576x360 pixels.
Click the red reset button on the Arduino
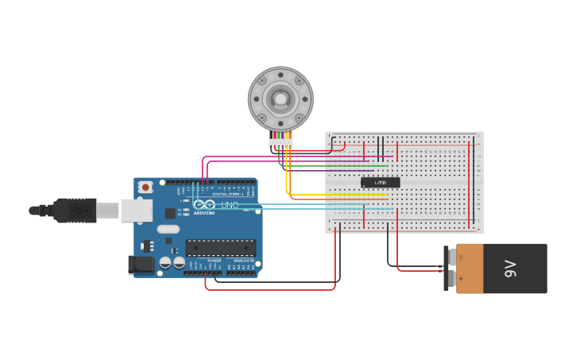[x=145, y=188]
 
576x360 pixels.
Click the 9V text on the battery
[x=510, y=269]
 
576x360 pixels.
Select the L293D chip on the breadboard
[x=380, y=182]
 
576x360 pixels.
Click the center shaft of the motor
[x=280, y=99]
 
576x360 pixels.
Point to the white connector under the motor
[x=280, y=143]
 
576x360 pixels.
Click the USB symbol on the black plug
[x=77, y=211]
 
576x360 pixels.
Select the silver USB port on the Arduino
[x=136, y=210]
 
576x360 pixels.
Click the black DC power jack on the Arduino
[x=141, y=265]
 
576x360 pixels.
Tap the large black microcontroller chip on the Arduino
[x=220, y=248]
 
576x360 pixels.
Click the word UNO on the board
[x=229, y=205]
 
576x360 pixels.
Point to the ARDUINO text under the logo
[x=204, y=213]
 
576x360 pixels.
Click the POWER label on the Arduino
[x=215, y=260]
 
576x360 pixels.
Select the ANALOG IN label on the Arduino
[x=243, y=260]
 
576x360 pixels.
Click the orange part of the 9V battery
[x=470, y=269]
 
